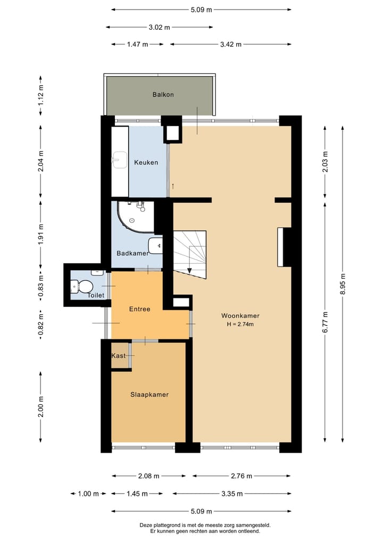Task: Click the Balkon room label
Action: tap(163, 95)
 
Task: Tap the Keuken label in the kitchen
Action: tap(146, 162)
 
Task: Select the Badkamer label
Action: tap(132, 253)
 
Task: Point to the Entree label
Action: tap(139, 309)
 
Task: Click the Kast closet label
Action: tap(118, 355)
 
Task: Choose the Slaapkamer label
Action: tap(149, 395)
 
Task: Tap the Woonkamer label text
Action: tap(240, 315)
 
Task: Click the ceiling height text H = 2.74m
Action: tap(240, 324)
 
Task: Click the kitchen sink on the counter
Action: tap(118, 159)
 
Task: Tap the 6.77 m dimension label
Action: tap(325, 321)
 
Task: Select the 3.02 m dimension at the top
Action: tap(159, 27)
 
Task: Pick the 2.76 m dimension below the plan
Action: tap(242, 476)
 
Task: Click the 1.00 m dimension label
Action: tap(88, 494)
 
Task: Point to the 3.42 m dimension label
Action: tap(230, 45)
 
